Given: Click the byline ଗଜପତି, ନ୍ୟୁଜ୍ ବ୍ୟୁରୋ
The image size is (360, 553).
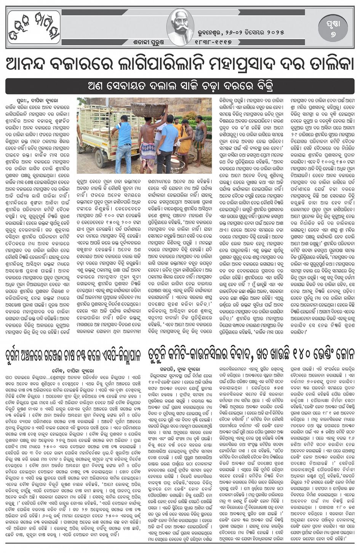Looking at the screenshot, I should [181, 370].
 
